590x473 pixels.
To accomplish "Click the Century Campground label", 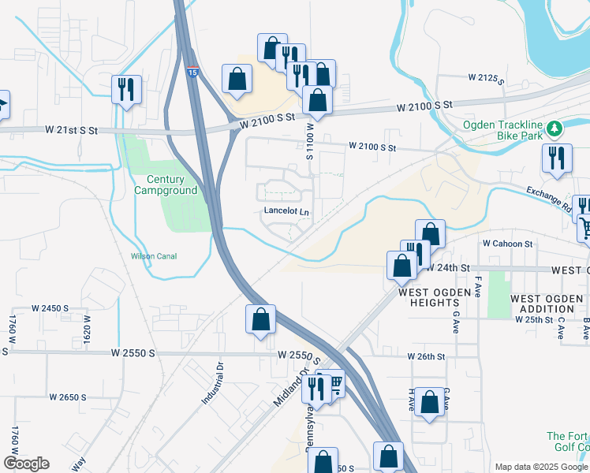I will [x=165, y=184].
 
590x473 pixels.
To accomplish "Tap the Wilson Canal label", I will [x=154, y=256].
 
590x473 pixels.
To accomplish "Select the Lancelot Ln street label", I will [x=286, y=212].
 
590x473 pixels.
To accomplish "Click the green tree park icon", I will [x=555, y=127].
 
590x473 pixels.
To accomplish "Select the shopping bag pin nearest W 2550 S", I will [x=260, y=319].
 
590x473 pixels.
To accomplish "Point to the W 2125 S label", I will [x=486, y=78].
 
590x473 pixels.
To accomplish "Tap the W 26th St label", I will [x=427, y=356].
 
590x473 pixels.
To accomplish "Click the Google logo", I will [x=26, y=464].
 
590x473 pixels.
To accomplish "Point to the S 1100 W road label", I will [x=310, y=143].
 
